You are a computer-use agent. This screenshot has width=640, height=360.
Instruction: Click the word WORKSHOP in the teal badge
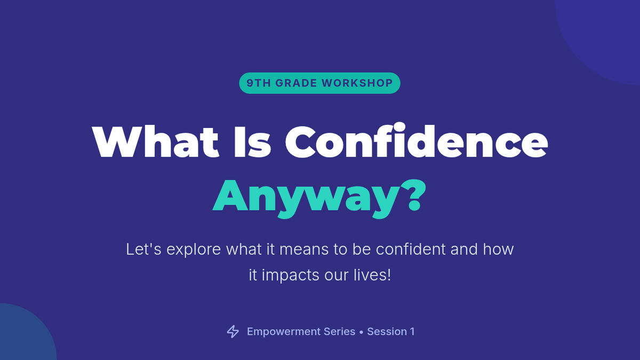tap(357, 83)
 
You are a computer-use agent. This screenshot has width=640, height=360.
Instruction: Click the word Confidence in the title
tap(417, 141)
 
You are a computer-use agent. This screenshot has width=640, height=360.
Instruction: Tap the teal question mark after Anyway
tap(413, 195)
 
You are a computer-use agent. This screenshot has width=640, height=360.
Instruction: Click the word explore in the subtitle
tap(194, 249)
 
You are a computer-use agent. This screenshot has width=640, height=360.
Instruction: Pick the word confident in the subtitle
tap(411, 249)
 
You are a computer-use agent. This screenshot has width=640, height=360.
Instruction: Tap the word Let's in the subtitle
tap(143, 249)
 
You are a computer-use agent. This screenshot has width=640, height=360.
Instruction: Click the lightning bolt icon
tap(233, 332)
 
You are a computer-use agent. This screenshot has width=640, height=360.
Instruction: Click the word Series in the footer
tap(339, 332)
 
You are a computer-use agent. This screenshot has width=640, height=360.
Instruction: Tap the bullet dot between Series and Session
tap(362, 332)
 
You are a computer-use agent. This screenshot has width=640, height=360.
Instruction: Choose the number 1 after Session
tap(412, 332)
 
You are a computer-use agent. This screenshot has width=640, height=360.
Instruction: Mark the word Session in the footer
tap(387, 332)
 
